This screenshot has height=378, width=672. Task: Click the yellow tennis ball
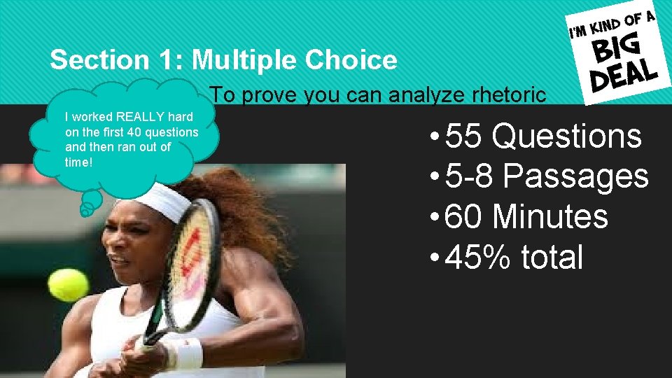point(68,285)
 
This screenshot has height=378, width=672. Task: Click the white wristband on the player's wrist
point(185,353)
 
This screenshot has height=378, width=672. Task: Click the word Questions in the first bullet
point(566,136)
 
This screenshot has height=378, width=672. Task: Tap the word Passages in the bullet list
point(576,176)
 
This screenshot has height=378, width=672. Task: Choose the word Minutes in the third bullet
point(550,216)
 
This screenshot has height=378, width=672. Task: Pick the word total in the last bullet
point(552,257)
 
